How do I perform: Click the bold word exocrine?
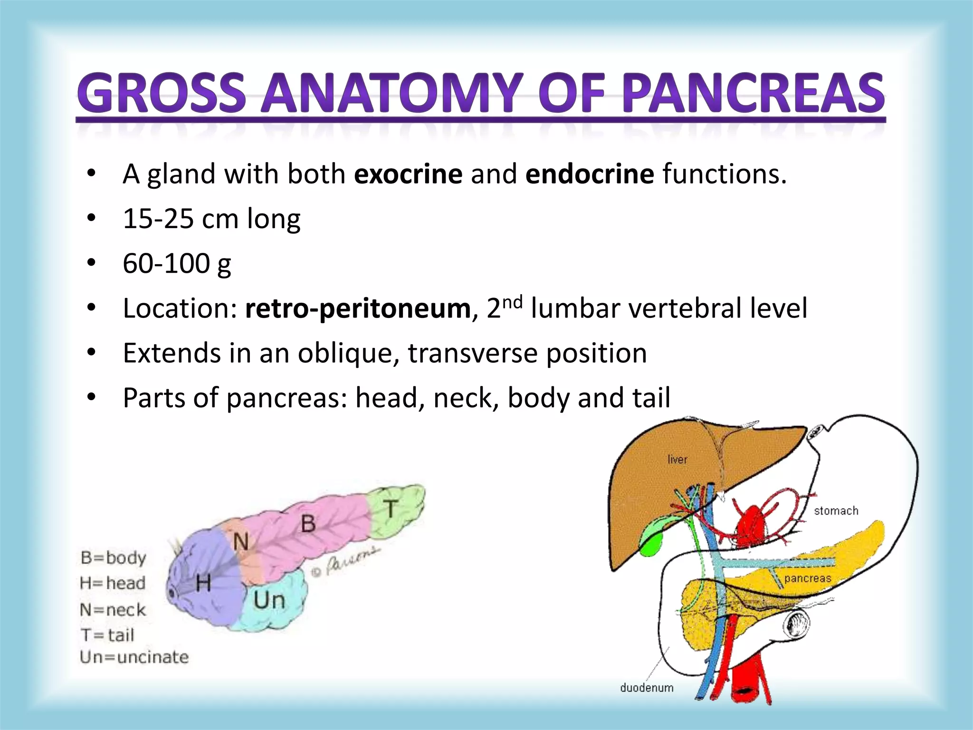coord(408,174)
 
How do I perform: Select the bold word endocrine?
coord(590,174)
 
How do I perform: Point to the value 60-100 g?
coord(177,263)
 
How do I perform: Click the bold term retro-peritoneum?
coord(358,308)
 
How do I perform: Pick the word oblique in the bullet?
coord(348,353)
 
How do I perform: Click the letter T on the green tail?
coord(391,509)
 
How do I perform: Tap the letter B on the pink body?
coord(308,524)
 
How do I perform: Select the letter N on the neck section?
coord(241,541)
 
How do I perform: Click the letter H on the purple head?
coord(203,583)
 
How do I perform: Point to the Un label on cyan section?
coord(269,600)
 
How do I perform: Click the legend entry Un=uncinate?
coord(134,657)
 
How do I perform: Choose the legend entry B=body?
coord(113,557)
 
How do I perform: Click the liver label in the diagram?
coord(677,460)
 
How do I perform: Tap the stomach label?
coord(836,511)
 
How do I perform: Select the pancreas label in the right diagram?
coord(807,578)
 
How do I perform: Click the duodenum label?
coord(647,688)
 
